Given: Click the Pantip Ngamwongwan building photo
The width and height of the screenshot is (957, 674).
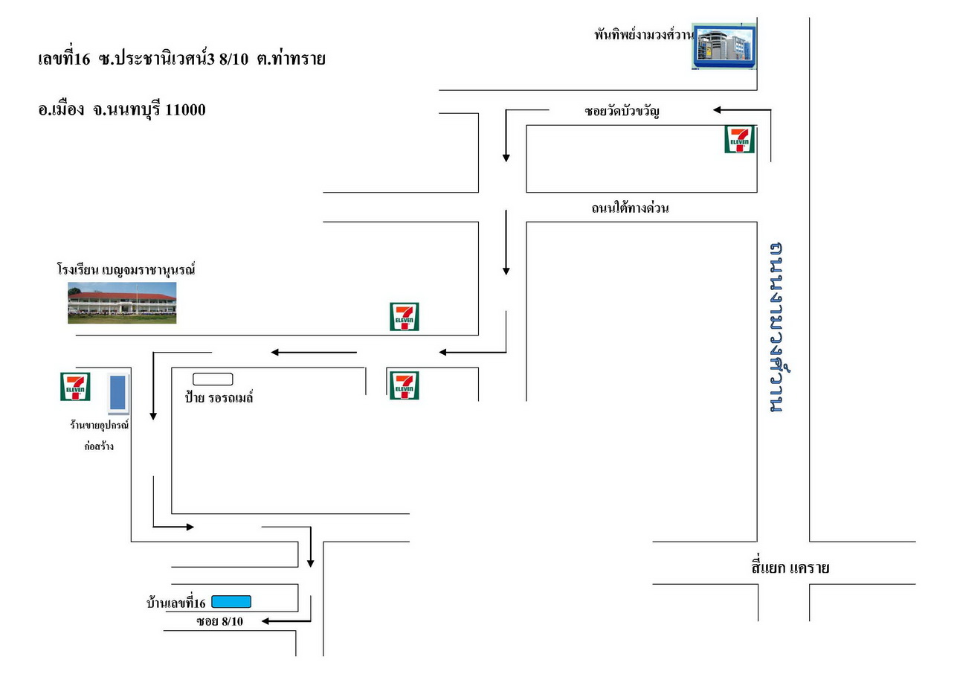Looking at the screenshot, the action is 724,46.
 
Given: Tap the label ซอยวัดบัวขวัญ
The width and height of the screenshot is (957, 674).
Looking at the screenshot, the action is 622,111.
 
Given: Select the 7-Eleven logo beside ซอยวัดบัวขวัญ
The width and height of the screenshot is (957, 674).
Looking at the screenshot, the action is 740,139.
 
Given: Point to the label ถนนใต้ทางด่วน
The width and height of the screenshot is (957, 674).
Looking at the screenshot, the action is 630,208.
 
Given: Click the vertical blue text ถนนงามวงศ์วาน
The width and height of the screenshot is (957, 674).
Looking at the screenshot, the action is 779,327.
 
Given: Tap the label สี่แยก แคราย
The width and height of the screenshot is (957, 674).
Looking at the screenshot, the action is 790,568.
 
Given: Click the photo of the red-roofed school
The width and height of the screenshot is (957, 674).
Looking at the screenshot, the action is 122,303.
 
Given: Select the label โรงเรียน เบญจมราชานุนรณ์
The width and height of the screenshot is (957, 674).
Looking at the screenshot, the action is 126,269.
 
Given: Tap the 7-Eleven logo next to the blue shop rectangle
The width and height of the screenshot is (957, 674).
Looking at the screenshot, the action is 75,387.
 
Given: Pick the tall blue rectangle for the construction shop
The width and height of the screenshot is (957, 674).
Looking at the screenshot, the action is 118,393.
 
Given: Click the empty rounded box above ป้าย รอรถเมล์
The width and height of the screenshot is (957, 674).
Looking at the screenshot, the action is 213,379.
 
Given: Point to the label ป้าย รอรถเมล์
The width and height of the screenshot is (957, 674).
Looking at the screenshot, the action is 219,397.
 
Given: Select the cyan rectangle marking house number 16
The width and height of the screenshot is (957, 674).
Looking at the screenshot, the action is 231,602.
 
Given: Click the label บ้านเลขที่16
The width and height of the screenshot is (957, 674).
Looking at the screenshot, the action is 176,603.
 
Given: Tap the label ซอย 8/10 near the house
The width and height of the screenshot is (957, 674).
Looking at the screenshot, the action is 219,621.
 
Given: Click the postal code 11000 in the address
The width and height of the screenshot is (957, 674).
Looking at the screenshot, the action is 185,110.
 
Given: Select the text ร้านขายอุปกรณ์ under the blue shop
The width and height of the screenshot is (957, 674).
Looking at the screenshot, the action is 99,425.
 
